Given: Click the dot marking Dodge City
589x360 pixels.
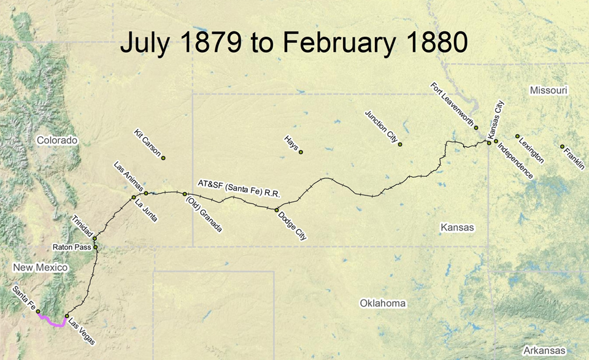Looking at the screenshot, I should pos(277,210).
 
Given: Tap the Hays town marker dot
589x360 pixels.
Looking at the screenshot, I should pos(301,152).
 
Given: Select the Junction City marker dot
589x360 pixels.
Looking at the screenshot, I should pos(400,145).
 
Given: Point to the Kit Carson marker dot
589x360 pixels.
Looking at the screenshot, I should pos(164,158).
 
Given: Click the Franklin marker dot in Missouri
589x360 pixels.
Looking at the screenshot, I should pos(562,147).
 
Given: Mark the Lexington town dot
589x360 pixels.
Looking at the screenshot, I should pos(517,136).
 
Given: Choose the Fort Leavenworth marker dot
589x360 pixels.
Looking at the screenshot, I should pos(476,128).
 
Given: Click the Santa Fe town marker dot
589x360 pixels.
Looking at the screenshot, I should pos(38,312).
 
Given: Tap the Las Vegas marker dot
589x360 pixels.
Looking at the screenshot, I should pos(67,316).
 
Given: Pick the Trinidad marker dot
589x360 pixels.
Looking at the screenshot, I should pos(94,239).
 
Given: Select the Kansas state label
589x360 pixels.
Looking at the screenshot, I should pos(457,228).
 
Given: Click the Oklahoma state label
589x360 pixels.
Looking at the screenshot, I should pos(383,304).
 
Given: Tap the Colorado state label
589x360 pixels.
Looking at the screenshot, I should pos(57,140).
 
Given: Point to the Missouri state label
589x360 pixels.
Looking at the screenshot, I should pos(549,90).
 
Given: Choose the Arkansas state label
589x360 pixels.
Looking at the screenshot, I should pos(541,350).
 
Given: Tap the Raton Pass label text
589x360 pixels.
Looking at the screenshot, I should pos(72,248).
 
